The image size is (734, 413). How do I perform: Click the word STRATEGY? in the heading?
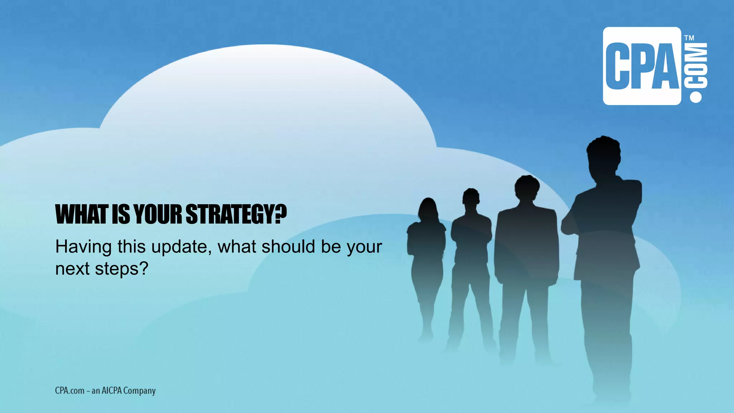pos(236,214)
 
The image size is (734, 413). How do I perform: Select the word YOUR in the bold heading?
pos(158,214)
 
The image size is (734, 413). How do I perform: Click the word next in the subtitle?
pos(72,269)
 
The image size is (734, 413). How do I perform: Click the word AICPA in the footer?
pos(112,390)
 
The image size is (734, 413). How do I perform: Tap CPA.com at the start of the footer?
pos(70,390)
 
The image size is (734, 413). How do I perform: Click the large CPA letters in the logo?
pos(642,66)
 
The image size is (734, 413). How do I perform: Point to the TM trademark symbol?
pos(689,38)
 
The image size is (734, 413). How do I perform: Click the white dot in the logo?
pos(696,97)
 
